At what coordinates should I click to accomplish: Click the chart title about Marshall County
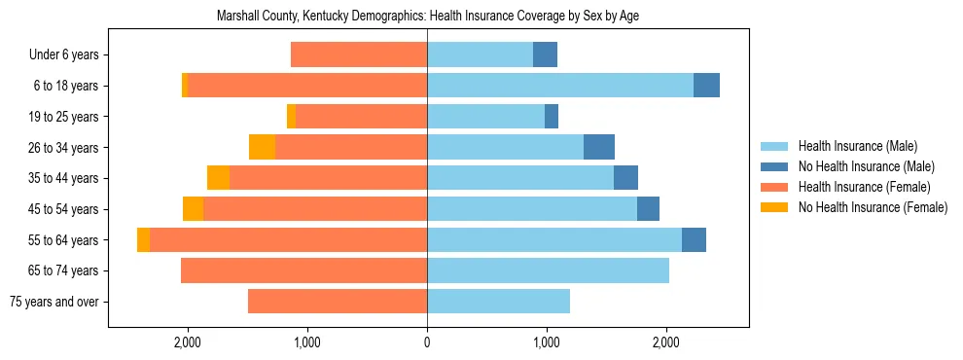tap(427, 17)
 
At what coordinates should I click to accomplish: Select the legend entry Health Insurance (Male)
tap(857, 146)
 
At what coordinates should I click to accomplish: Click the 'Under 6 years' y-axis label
tap(64, 55)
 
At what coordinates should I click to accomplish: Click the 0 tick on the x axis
tap(427, 342)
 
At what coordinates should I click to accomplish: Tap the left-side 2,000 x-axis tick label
tap(187, 342)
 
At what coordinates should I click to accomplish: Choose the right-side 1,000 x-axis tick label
tap(547, 342)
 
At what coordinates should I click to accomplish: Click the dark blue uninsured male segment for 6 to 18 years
tap(706, 86)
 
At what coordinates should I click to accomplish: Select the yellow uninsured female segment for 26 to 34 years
tap(262, 147)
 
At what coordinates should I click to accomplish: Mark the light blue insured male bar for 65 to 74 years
tap(548, 270)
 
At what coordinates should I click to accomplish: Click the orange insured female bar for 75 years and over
tap(338, 302)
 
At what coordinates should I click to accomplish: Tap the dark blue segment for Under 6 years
tap(545, 55)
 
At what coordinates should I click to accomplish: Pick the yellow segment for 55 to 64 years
tap(143, 240)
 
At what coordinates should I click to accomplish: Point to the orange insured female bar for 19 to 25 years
tap(361, 117)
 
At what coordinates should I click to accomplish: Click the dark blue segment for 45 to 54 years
tap(648, 209)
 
